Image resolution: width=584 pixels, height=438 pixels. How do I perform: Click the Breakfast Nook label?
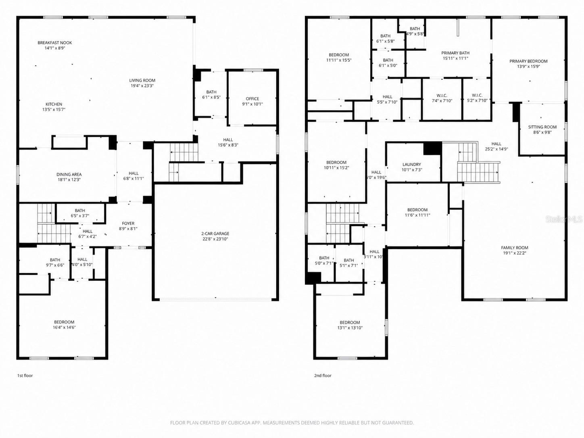pyautogui.click(x=55, y=43)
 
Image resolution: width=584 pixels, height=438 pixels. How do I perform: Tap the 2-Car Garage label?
pyautogui.click(x=215, y=234)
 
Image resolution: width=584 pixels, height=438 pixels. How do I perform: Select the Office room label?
pyautogui.click(x=252, y=99)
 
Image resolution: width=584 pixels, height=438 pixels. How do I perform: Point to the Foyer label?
pyautogui.click(x=128, y=223)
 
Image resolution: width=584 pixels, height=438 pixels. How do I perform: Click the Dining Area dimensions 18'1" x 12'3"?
pyautogui.click(x=69, y=180)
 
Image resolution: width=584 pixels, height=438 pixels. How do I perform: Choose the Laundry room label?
pyautogui.click(x=411, y=165)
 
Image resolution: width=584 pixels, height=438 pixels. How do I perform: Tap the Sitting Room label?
pyautogui.click(x=542, y=127)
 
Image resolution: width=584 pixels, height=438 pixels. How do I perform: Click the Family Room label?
pyautogui.click(x=515, y=248)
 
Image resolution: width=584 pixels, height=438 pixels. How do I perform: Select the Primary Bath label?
pyautogui.click(x=455, y=53)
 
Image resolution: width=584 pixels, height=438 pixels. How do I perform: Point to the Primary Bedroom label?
pyautogui.click(x=528, y=61)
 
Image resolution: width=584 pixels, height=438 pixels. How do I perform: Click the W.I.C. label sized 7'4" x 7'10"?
pyautogui.click(x=442, y=96)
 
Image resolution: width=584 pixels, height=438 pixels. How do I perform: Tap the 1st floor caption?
pyautogui.click(x=25, y=375)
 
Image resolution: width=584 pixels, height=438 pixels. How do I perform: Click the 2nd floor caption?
pyautogui.click(x=323, y=375)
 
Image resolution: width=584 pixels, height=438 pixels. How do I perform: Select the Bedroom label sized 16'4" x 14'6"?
pyautogui.click(x=64, y=322)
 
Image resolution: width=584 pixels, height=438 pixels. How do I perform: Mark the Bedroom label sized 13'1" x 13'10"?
pyautogui.click(x=350, y=322)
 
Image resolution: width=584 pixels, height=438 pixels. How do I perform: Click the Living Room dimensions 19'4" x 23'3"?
pyautogui.click(x=142, y=86)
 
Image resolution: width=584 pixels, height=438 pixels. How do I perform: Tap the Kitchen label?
pyautogui.click(x=54, y=104)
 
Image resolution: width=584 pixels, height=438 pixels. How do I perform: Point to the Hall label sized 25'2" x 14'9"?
pyautogui.click(x=496, y=144)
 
